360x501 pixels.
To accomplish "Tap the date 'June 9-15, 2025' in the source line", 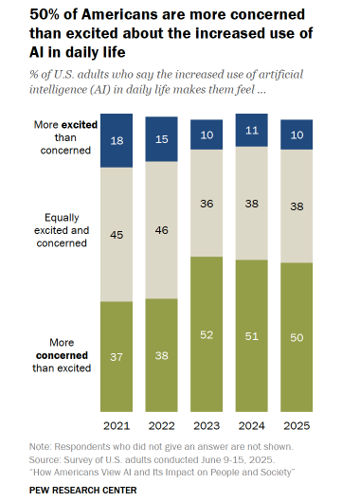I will pyautogui.click(x=214, y=456).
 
